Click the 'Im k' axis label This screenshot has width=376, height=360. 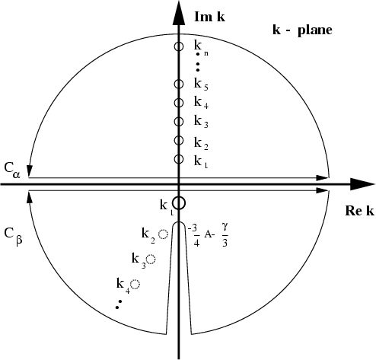point(209,17)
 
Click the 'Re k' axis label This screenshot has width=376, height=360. point(359,211)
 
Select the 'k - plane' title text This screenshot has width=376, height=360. point(302,30)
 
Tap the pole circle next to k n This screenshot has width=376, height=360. point(179,46)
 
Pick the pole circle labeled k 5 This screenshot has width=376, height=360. point(179,84)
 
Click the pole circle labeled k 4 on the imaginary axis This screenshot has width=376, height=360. point(179,103)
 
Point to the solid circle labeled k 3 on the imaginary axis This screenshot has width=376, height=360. point(179,122)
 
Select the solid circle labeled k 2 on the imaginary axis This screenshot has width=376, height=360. point(179,140)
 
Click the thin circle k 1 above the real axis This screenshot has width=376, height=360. point(179,159)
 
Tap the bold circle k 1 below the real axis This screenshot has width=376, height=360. point(179,203)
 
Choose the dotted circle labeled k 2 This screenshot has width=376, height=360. point(164,234)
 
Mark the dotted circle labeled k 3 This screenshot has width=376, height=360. point(151,260)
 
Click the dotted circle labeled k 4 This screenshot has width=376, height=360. point(135,284)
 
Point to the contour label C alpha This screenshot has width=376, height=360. point(12,170)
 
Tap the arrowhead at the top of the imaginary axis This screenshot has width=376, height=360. point(179,13)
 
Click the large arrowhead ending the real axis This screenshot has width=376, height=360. point(362,184)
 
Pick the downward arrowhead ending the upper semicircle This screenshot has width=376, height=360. point(30,171)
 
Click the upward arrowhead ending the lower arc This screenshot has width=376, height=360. point(30,197)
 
